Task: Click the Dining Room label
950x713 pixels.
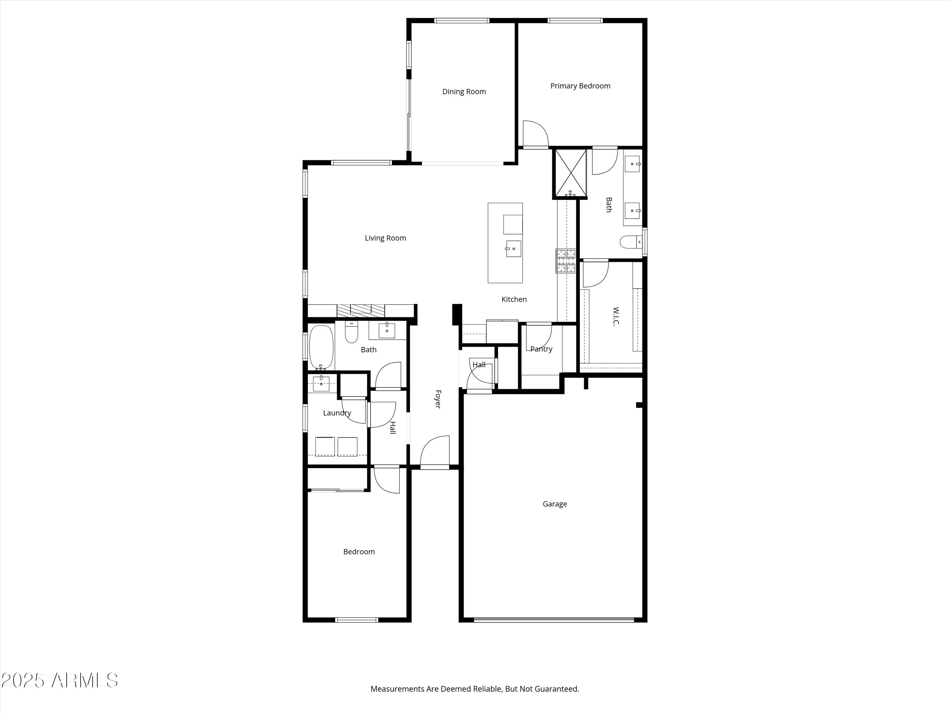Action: point(464,92)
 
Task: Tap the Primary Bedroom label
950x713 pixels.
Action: point(580,86)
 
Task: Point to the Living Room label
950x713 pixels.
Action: point(385,238)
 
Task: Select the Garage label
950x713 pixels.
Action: point(554,504)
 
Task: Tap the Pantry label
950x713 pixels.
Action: point(541,349)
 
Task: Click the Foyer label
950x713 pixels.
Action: point(438,399)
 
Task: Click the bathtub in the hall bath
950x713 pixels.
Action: point(321,348)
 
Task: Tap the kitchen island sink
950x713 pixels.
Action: point(513,249)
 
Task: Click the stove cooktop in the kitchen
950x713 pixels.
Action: point(566,261)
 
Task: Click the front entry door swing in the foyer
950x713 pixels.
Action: point(435,451)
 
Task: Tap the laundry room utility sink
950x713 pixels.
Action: point(321,383)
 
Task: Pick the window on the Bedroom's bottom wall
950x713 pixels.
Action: point(357,620)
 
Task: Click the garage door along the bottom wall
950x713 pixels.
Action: point(554,620)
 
